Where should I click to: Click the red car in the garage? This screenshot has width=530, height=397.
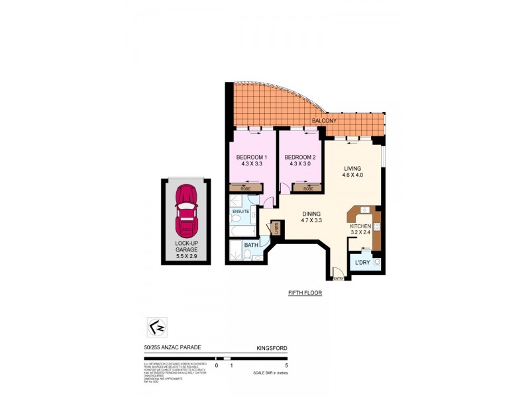point(186,210)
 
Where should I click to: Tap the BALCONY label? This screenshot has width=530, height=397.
point(325,122)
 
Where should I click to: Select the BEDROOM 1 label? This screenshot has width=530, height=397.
point(251,157)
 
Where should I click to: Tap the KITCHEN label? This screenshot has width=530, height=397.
point(362,227)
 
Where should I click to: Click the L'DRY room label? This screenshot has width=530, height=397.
point(362,263)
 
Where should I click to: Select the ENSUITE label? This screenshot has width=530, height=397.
point(240,211)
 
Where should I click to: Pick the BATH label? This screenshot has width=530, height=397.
point(251,245)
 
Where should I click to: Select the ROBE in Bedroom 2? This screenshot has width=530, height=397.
point(307,189)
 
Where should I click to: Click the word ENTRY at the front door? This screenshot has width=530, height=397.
point(339,279)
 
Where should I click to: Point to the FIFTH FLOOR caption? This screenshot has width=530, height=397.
point(305,292)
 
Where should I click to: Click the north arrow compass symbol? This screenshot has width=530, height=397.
point(156,327)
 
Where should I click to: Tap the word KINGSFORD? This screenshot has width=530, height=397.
point(271,347)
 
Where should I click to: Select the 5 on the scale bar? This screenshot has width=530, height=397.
point(286,365)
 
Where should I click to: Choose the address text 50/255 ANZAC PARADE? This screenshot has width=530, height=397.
point(173,347)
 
